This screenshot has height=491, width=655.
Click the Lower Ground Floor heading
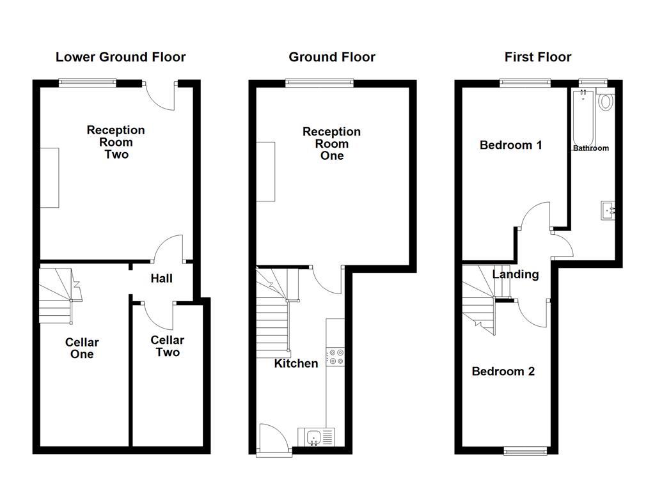(120, 57)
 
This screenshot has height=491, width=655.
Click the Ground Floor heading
(331, 57)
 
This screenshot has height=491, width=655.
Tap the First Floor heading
(537, 57)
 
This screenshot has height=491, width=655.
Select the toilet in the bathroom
(605, 102)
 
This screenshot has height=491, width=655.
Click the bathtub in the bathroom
(583, 118)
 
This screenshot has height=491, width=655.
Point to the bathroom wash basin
(608, 210)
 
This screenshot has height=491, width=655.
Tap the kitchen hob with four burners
(335, 357)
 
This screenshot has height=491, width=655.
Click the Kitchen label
(296, 364)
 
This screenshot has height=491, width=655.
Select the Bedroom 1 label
(510, 145)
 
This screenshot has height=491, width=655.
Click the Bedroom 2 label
(503, 371)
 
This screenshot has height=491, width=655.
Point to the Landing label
(515, 274)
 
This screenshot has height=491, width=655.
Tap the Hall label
(161, 279)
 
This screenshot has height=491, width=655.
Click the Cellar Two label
(167, 346)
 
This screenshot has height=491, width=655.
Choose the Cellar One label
(82, 348)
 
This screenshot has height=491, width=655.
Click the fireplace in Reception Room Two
(49, 177)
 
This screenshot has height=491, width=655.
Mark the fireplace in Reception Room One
(265, 172)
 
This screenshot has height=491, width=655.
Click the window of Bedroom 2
(526, 451)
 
